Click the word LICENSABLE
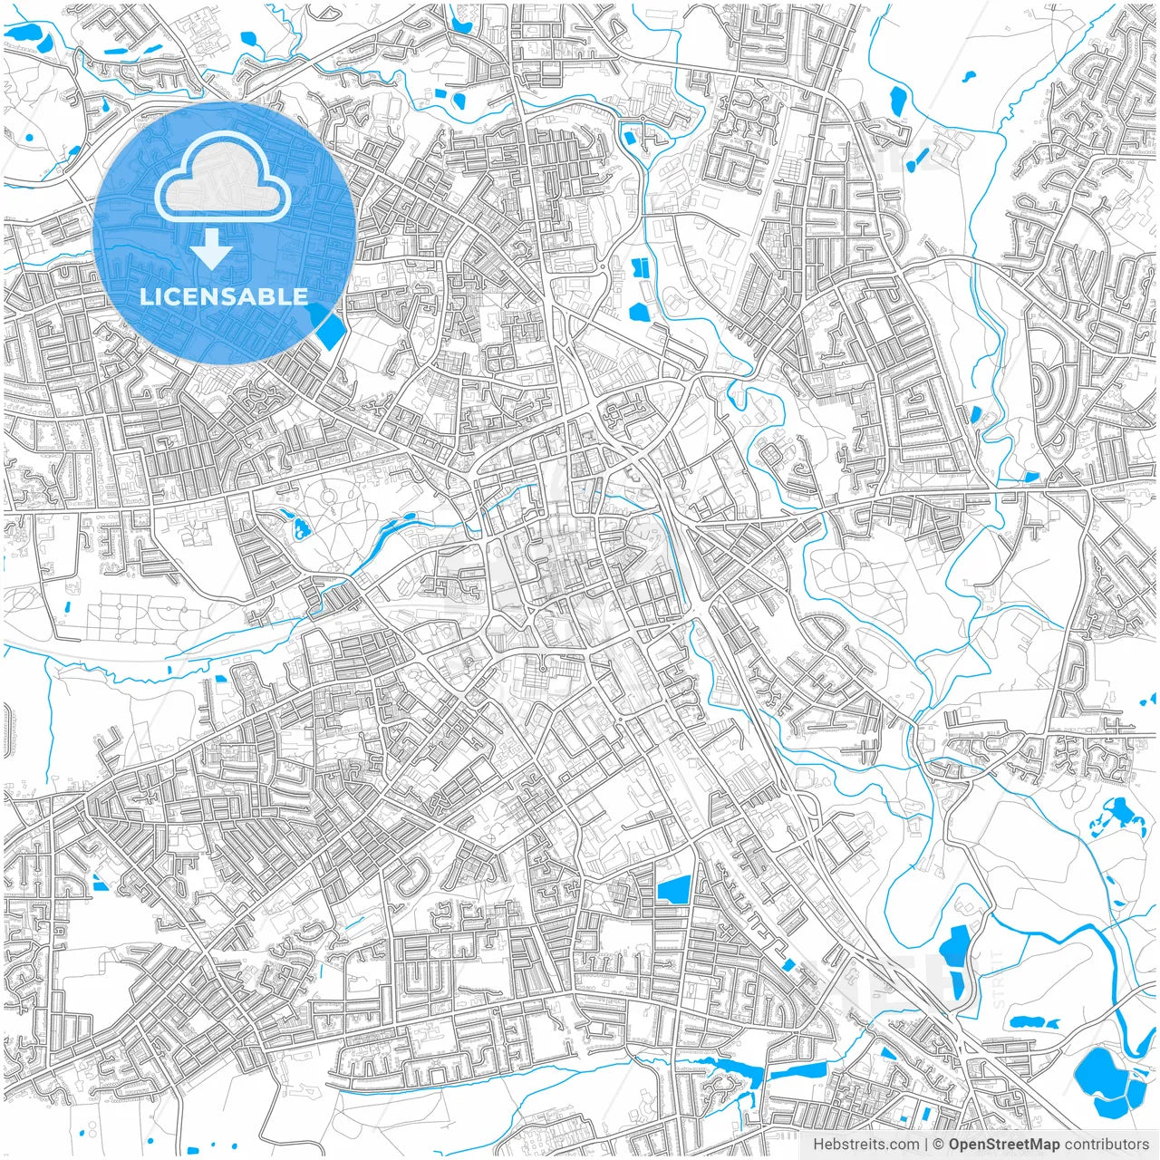click(224, 296)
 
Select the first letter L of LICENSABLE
click(145, 296)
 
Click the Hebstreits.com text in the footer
click(865, 1145)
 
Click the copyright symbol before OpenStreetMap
click(940, 1145)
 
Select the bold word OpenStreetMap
click(1004, 1145)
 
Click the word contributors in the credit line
click(1107, 1145)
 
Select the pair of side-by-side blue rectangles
click(640, 267)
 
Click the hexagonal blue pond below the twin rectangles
click(640, 313)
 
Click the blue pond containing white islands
click(1113, 816)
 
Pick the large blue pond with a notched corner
click(673, 891)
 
